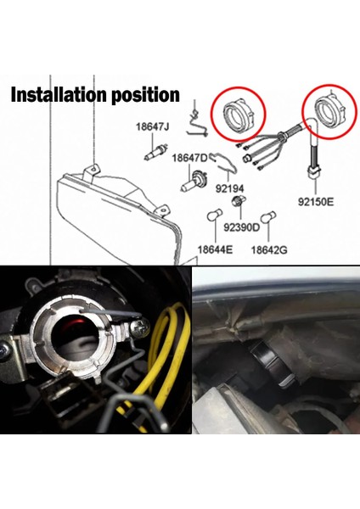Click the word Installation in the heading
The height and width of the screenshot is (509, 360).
[54, 94]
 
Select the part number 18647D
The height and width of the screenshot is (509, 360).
[190, 158]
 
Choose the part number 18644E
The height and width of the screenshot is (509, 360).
[215, 250]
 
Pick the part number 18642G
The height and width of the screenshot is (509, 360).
[269, 250]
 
